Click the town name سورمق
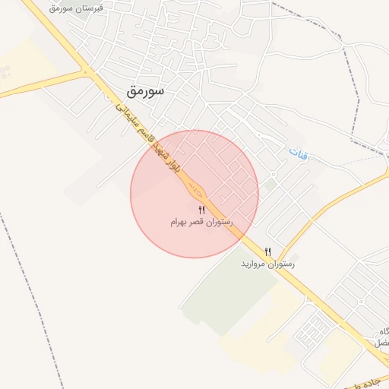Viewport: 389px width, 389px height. tap(141, 90)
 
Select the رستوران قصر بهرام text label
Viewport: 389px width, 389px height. tap(200, 223)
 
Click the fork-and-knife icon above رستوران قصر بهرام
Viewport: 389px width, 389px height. tap(201, 210)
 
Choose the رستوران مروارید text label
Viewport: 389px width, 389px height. tap(267, 264)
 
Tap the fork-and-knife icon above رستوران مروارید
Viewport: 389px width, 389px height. tap(267, 251)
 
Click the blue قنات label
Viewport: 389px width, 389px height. tap(297, 152)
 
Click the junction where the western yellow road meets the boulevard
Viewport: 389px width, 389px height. tap(90, 73)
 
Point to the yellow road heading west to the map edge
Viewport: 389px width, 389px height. tap(38, 85)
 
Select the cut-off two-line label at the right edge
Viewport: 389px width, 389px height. tap(382, 338)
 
